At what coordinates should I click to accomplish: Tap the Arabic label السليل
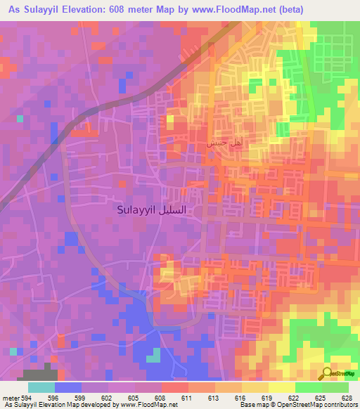(174, 210)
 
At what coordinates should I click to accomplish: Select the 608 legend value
(161, 397)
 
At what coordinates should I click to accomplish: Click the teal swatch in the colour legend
(41, 387)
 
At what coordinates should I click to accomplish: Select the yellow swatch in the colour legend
(281, 387)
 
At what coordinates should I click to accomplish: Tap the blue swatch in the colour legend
(67, 387)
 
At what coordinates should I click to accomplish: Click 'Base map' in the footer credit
(252, 405)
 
